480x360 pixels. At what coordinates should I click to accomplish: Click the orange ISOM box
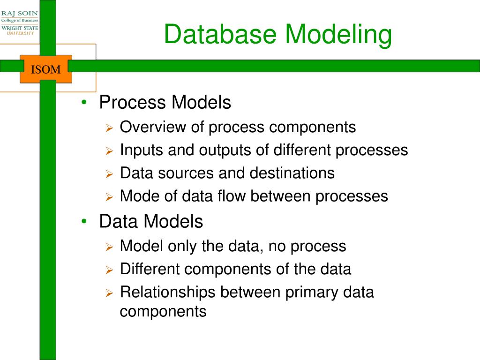click(46, 69)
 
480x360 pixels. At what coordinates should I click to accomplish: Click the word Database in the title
click(220, 34)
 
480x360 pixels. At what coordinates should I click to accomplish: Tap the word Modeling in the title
click(338, 36)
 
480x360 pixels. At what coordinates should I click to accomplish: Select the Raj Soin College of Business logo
click(20, 22)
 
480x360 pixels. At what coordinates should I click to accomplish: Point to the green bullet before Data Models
click(84, 221)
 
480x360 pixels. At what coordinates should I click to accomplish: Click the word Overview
click(153, 127)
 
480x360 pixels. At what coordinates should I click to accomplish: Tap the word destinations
click(292, 173)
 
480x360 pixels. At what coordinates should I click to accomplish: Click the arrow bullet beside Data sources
click(109, 174)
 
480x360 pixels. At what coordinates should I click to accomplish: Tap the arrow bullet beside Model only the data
click(109, 247)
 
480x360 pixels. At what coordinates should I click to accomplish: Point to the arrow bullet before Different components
click(109, 270)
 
